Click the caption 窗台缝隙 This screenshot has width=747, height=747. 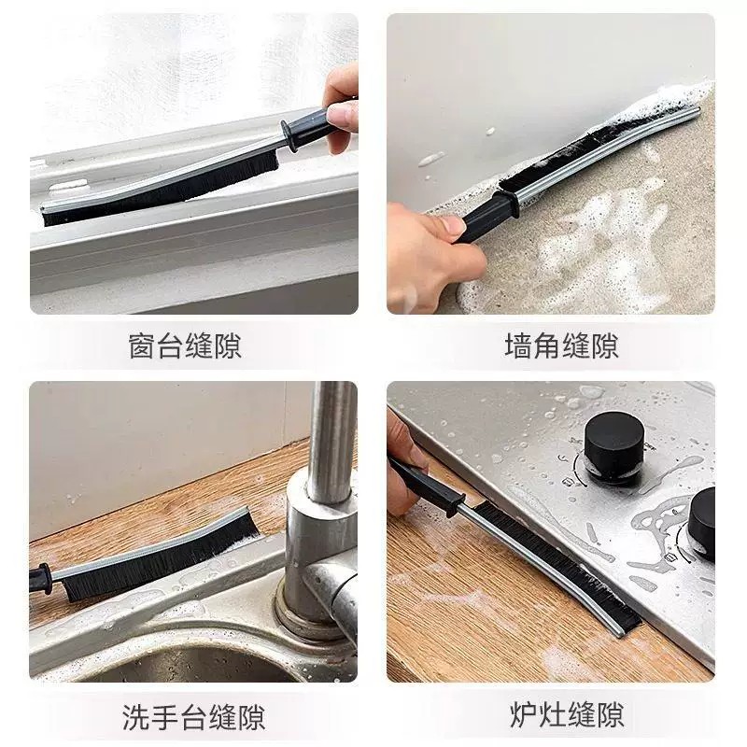coord(185,345)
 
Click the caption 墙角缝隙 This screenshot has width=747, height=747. coord(562,345)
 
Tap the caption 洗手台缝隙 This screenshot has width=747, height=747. coord(193,717)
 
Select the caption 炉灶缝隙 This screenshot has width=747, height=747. coord(567,714)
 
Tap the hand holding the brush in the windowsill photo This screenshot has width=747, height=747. coord(340,107)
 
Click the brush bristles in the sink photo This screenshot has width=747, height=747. coord(157,557)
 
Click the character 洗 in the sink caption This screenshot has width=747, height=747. coord(136,717)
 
